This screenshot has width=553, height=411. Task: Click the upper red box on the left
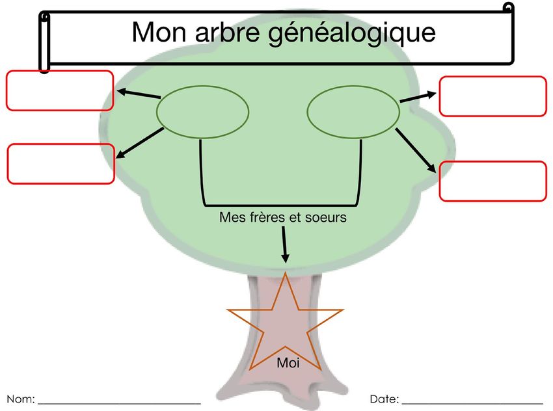(x=60, y=90)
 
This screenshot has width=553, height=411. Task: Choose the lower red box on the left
(x=61, y=164)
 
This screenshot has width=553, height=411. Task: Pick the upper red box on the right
(x=492, y=96)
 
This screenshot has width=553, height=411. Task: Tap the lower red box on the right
(x=492, y=181)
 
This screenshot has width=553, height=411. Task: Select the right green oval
(x=353, y=112)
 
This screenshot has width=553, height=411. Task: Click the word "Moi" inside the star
(x=288, y=363)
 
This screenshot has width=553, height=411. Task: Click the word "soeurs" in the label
(x=325, y=217)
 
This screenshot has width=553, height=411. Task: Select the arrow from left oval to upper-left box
(x=138, y=94)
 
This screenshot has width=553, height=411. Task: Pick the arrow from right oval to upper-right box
(x=418, y=97)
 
